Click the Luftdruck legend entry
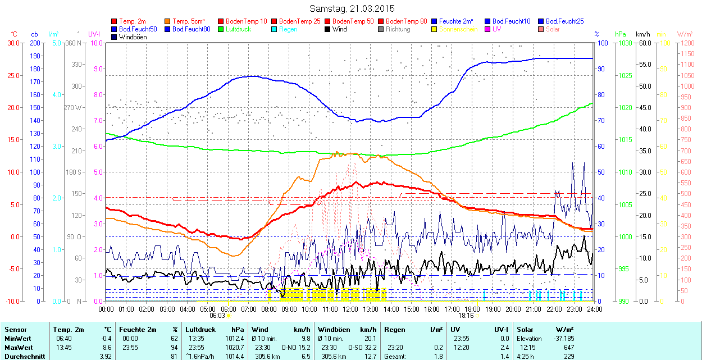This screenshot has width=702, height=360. coord(238,29)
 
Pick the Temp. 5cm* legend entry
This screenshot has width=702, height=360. coord(189,21)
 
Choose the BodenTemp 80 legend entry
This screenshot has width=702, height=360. coord(407,21)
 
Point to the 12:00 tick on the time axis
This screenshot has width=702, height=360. coord(350,309)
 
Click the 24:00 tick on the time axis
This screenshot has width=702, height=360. coord(594,309)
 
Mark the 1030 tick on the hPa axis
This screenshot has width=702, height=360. coord(623,43)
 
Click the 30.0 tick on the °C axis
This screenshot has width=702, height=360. coord(13,43)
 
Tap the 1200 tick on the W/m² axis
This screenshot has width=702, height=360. coord(686,43)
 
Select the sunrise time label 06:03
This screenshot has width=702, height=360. coord(217,316)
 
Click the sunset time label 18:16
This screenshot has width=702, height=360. coord(466,316)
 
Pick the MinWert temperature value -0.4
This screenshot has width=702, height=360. coord(106,339)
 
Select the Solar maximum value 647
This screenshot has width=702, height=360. coord(568,348)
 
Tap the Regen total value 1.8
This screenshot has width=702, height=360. coord(439,357)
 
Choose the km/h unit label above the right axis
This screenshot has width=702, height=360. coord(643,34)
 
